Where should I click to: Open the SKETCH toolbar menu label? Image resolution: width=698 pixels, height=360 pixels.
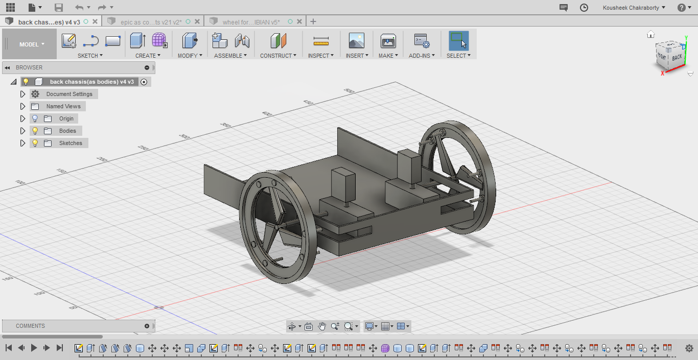[x=90, y=56]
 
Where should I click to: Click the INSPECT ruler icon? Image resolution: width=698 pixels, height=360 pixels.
[x=321, y=41]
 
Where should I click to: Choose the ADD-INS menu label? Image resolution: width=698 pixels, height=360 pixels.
[x=422, y=56]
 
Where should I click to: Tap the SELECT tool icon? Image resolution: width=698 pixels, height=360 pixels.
[x=458, y=41]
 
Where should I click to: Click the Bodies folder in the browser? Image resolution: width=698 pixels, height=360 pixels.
[x=67, y=131]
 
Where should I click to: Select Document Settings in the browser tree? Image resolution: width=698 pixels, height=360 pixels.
[x=69, y=94]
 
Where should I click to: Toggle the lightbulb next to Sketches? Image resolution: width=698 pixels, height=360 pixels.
[x=35, y=143]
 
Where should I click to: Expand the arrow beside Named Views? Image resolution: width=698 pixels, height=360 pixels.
[x=22, y=106]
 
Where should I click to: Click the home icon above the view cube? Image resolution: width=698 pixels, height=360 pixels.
[x=650, y=35]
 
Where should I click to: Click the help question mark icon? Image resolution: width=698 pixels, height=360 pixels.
[x=682, y=8]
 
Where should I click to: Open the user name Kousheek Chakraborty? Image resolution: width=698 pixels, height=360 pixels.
[x=634, y=8]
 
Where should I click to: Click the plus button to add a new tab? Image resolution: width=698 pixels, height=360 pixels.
[x=313, y=21]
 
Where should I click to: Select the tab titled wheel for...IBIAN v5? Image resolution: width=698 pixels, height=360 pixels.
[x=250, y=22]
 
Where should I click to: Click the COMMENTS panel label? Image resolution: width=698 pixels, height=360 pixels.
[x=30, y=326]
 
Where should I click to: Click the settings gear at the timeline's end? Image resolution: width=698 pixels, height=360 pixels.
[x=689, y=348]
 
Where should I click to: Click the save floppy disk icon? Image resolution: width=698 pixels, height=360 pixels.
[x=59, y=8]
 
